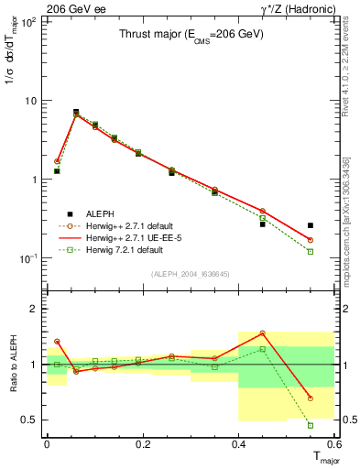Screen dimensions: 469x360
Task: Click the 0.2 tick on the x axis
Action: pyautogui.click(x=143, y=443)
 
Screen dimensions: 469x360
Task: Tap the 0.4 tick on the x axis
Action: pyautogui.click(x=239, y=443)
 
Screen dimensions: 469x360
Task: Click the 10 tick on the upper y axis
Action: pyautogui.click(x=31, y=100)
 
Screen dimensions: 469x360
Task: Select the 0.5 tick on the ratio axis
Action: pyautogui.click(x=29, y=420)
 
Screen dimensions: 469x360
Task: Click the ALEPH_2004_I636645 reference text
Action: pyautogui.click(x=190, y=275)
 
